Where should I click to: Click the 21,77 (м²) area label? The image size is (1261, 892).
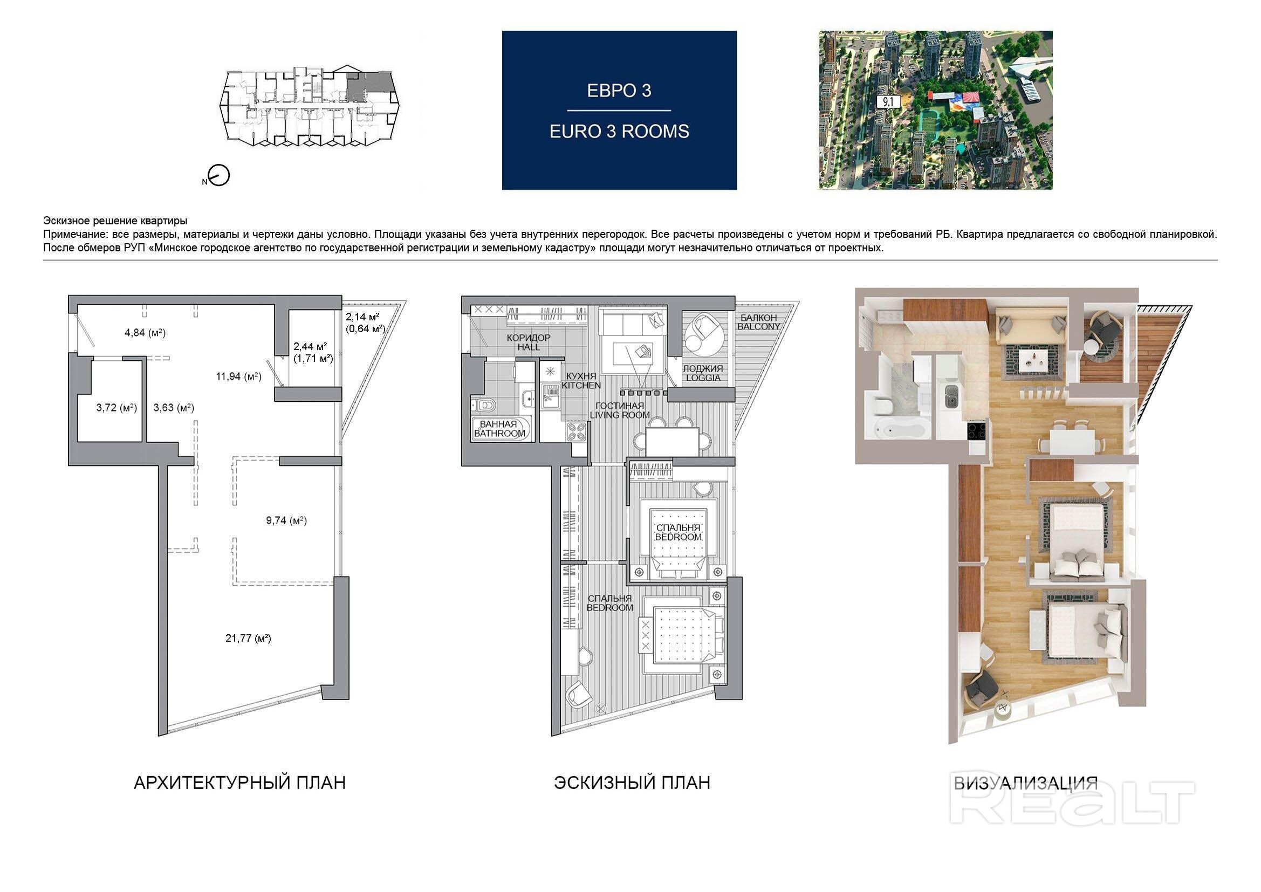click(248, 638)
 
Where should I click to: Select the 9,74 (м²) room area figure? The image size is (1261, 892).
click(286, 520)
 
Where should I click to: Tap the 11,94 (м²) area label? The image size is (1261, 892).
click(238, 377)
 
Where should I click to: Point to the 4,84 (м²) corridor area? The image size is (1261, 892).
click(145, 332)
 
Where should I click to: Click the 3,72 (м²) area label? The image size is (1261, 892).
click(116, 408)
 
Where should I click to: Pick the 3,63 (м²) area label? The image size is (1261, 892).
click(174, 408)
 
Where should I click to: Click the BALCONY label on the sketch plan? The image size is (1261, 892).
click(758, 326)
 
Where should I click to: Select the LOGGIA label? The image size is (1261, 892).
click(703, 378)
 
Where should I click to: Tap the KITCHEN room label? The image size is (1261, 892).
click(581, 386)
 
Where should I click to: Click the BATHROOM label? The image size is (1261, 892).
click(500, 433)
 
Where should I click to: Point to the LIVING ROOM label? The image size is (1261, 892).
click(620, 415)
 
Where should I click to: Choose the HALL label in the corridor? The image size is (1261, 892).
click(529, 347)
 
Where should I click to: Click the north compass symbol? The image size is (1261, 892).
click(219, 176)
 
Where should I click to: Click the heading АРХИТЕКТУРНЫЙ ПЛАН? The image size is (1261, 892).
click(240, 783)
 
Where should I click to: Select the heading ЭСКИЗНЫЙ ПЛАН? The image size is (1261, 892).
click(632, 783)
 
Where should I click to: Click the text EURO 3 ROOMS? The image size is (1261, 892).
click(619, 132)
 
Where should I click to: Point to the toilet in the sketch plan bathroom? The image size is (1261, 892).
click(483, 406)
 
